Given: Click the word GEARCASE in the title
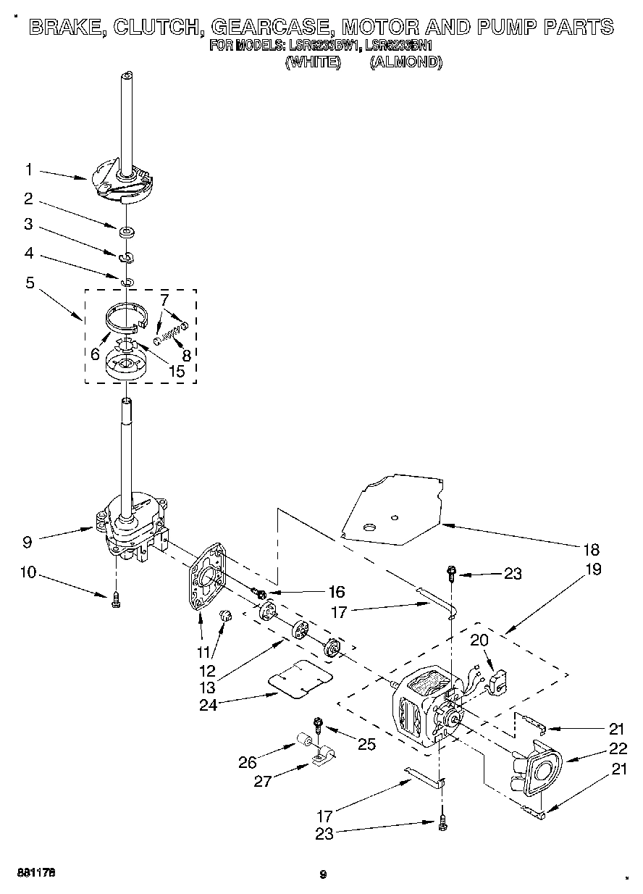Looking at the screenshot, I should click(x=272, y=28).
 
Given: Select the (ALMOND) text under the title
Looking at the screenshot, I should click(x=405, y=62).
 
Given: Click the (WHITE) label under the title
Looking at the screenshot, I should click(x=313, y=62).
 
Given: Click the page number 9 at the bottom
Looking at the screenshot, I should click(x=323, y=874).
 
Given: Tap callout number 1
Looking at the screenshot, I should click(x=29, y=170).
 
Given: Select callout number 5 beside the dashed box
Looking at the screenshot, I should click(x=29, y=283).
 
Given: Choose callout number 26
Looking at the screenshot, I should click(x=248, y=761).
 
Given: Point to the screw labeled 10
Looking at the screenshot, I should click(x=115, y=601).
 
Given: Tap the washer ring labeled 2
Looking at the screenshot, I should click(x=127, y=233).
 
